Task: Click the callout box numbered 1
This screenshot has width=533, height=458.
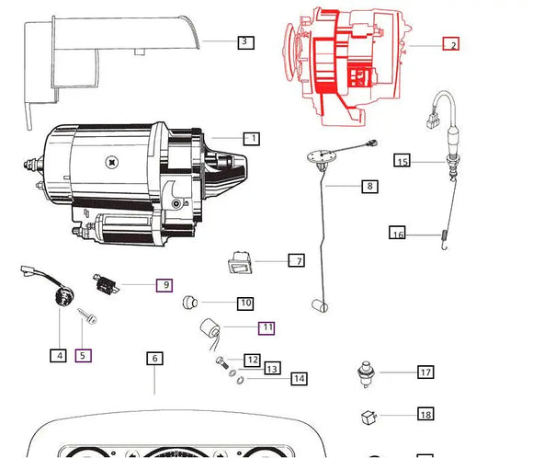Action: [250, 139]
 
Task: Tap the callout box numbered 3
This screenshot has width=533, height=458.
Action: [244, 41]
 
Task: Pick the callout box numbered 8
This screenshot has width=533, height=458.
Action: [369, 187]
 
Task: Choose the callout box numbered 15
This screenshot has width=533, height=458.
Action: [402, 161]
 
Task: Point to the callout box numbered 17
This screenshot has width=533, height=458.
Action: [425, 372]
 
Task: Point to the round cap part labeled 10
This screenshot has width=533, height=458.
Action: [191, 302]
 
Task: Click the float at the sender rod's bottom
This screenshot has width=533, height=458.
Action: [320, 305]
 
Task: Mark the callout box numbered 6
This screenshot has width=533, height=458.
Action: [153, 358]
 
